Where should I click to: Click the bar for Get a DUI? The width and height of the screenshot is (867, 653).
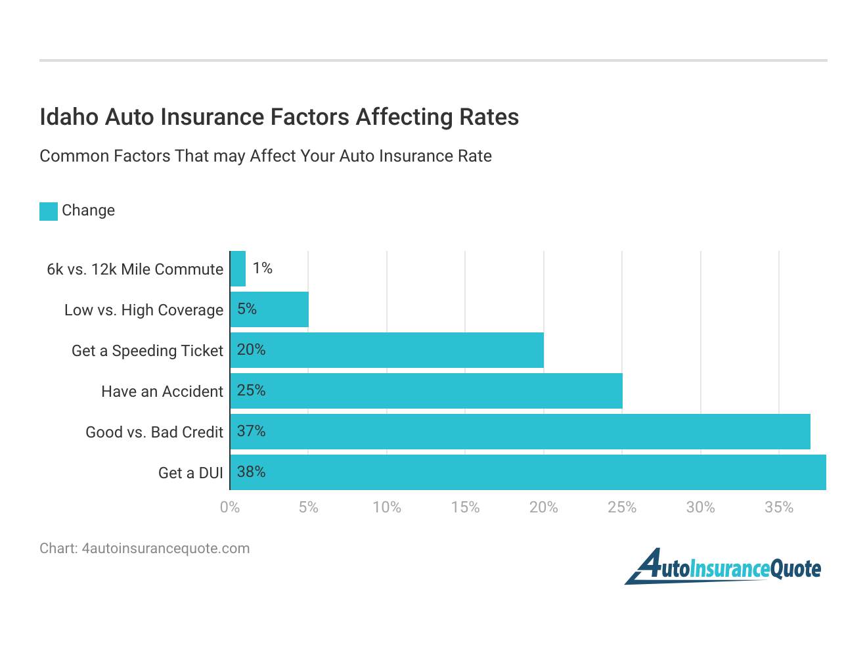click(528, 472)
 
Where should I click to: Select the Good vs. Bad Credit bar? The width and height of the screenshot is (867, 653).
click(520, 432)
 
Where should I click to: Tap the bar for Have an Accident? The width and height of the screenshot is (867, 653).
click(427, 391)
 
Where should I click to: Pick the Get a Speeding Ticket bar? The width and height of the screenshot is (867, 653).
click(388, 350)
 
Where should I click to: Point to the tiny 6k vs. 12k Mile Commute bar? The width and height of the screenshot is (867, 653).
click(238, 269)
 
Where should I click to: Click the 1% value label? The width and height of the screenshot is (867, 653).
click(262, 268)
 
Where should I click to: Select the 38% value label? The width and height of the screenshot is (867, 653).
click(251, 472)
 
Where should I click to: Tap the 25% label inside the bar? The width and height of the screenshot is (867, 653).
click(251, 390)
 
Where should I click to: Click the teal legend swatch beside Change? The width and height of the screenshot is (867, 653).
click(49, 211)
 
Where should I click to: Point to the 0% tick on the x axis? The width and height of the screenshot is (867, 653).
click(230, 507)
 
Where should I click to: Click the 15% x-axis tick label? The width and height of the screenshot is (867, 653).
click(465, 507)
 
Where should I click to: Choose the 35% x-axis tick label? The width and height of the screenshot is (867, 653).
click(779, 507)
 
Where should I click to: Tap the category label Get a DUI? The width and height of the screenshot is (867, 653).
click(190, 473)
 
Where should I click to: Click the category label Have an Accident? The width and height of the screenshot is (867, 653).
click(162, 392)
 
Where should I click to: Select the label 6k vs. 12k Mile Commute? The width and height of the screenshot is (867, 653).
click(135, 269)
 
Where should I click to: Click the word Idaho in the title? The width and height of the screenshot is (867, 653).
click(69, 117)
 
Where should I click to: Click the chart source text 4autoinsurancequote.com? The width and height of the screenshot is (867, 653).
click(166, 549)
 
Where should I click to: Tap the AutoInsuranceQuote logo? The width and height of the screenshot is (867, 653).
click(722, 566)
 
